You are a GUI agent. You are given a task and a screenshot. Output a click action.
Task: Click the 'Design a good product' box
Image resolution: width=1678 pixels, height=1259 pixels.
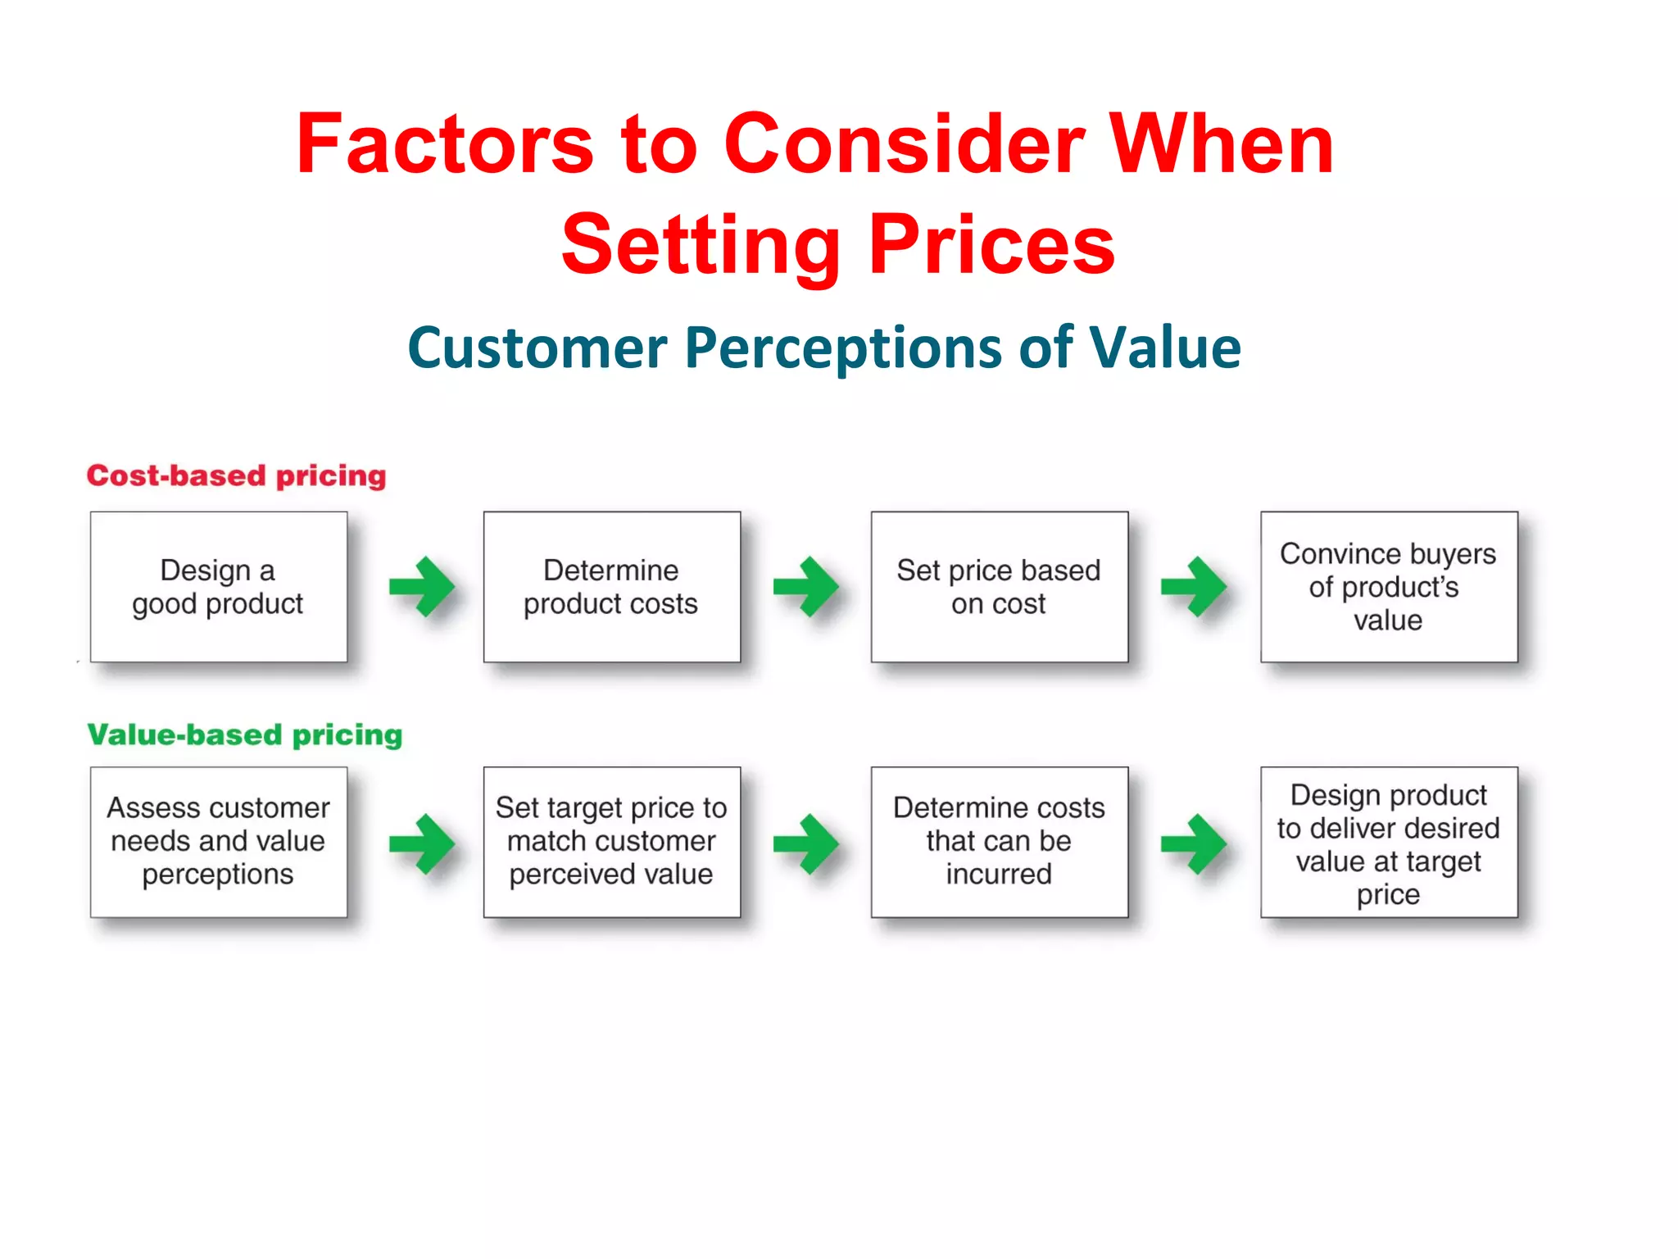coord(218,587)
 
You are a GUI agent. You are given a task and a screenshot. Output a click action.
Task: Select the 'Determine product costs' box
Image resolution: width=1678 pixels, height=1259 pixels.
coord(611,587)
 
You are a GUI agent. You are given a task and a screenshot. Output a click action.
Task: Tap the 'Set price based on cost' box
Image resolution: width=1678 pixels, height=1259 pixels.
coord(999,587)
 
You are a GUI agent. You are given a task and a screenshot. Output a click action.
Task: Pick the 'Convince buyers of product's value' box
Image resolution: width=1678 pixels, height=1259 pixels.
coord(1388,587)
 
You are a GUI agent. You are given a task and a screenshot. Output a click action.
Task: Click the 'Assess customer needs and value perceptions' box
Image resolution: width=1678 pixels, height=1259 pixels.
coord(218,842)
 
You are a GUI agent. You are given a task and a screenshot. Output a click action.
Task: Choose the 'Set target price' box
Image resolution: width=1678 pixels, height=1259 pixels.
coord(611,842)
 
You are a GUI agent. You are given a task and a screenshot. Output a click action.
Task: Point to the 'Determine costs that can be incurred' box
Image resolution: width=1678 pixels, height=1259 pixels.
coord(999,842)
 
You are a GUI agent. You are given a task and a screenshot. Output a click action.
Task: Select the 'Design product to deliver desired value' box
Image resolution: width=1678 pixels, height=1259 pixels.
coord(1388,842)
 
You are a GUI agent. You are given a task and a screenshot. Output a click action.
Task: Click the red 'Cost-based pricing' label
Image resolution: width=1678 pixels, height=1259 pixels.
coord(236,475)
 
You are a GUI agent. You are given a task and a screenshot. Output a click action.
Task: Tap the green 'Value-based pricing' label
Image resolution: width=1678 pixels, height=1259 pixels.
coord(244,734)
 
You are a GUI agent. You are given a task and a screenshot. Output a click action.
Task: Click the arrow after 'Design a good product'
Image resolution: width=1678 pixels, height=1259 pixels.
coord(421,587)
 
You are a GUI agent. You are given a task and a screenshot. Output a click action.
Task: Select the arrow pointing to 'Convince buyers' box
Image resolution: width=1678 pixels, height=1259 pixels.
coord(1194,587)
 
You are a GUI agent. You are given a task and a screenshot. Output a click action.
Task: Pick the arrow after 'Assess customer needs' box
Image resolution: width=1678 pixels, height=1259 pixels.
coord(421,843)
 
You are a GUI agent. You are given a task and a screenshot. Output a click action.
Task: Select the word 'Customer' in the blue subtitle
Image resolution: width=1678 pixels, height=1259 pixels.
coord(537,348)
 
